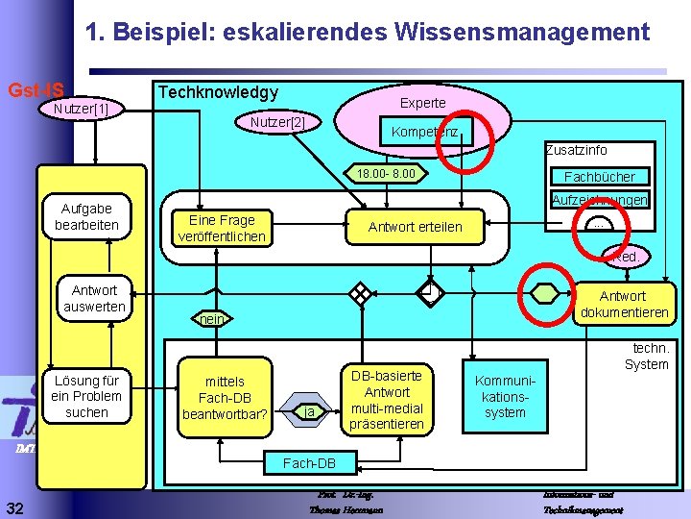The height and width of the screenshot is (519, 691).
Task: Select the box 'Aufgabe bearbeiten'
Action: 86,217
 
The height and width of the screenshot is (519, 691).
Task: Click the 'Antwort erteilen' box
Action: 416,227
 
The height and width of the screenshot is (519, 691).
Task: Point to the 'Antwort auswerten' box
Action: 94,298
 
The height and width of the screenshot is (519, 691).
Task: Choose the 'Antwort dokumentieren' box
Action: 624,305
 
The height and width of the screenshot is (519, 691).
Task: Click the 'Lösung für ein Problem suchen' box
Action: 86,396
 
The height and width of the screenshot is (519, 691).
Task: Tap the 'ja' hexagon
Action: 308,412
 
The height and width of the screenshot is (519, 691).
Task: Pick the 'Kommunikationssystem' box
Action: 505,396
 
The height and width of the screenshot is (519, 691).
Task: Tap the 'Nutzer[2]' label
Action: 277,123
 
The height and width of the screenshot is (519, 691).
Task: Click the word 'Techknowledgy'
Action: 217,92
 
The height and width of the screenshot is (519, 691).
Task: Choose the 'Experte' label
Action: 422,103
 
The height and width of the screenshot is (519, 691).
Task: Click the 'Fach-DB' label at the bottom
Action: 309,463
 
